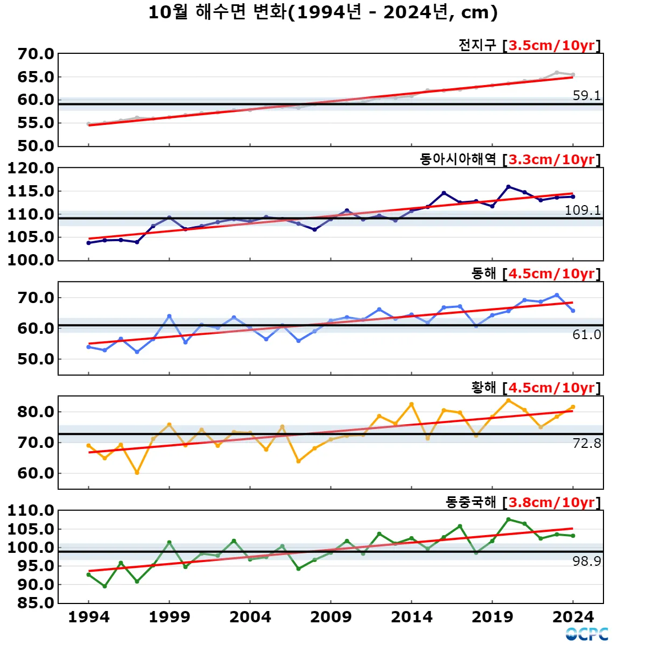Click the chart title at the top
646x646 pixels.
point(323,12)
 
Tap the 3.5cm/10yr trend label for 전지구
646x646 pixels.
point(551,45)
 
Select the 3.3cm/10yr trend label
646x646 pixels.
point(551,159)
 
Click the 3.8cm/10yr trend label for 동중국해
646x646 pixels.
point(551,502)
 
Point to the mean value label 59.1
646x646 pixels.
point(586,96)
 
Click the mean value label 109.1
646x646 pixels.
point(582,210)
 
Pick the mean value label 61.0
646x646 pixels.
point(586,335)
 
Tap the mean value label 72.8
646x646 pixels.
point(586,443)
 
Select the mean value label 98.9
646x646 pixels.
point(586,561)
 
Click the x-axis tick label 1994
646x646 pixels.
point(89,617)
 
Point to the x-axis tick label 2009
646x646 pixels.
point(331,617)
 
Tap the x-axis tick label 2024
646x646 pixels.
point(573,617)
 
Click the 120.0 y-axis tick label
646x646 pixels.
point(31,168)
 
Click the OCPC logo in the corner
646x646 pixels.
point(587,634)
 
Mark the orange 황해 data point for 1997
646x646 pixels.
point(137,473)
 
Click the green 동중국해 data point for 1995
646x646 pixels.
point(104,586)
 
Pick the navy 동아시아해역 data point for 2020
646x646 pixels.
point(508,187)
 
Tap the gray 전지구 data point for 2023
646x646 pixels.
point(557,72)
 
